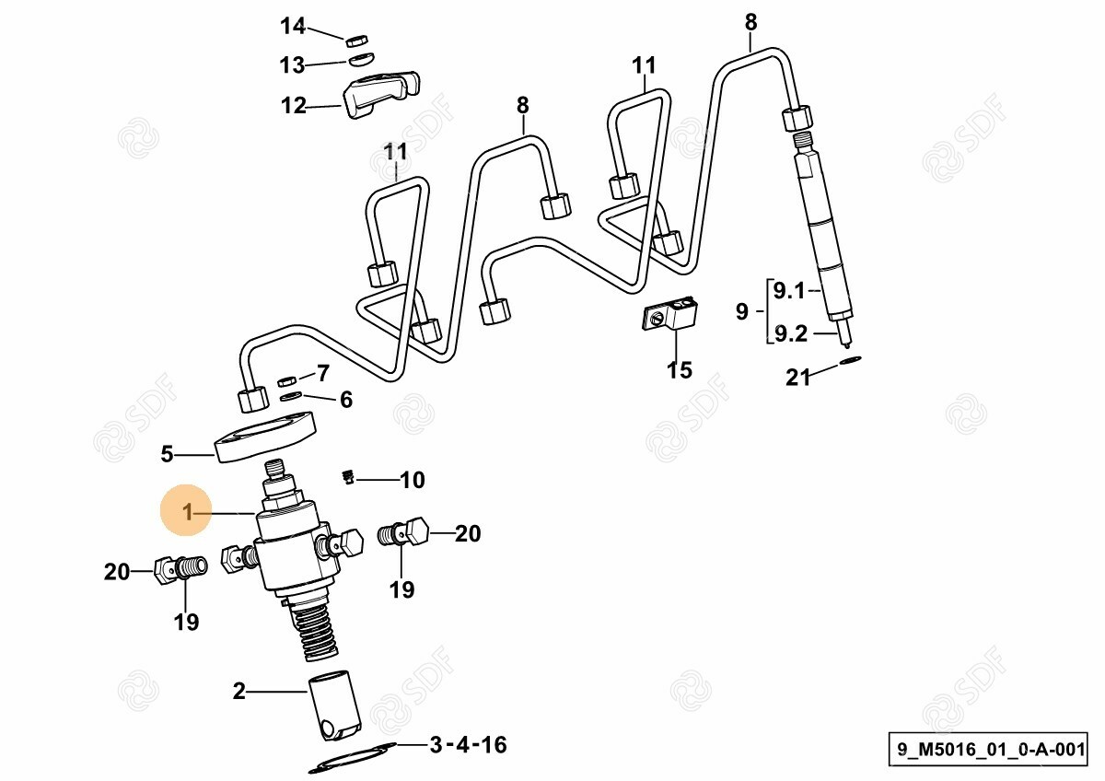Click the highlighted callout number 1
pyautogui.click(x=188, y=512)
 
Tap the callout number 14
pyautogui.click(x=293, y=26)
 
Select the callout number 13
pyautogui.click(x=293, y=64)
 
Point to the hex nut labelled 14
pyautogui.click(x=356, y=41)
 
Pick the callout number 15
pyautogui.click(x=680, y=369)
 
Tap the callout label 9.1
pyautogui.click(x=789, y=291)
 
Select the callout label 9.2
pyautogui.click(x=791, y=334)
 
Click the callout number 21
pyautogui.click(x=798, y=378)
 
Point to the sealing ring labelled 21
pyautogui.click(x=850, y=360)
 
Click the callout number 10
pyautogui.click(x=413, y=480)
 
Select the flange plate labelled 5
pyautogui.click(x=265, y=437)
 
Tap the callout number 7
pyautogui.click(x=323, y=373)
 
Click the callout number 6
pyautogui.click(x=346, y=400)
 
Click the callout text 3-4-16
pyautogui.click(x=468, y=745)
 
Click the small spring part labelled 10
pyautogui.click(x=349, y=477)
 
